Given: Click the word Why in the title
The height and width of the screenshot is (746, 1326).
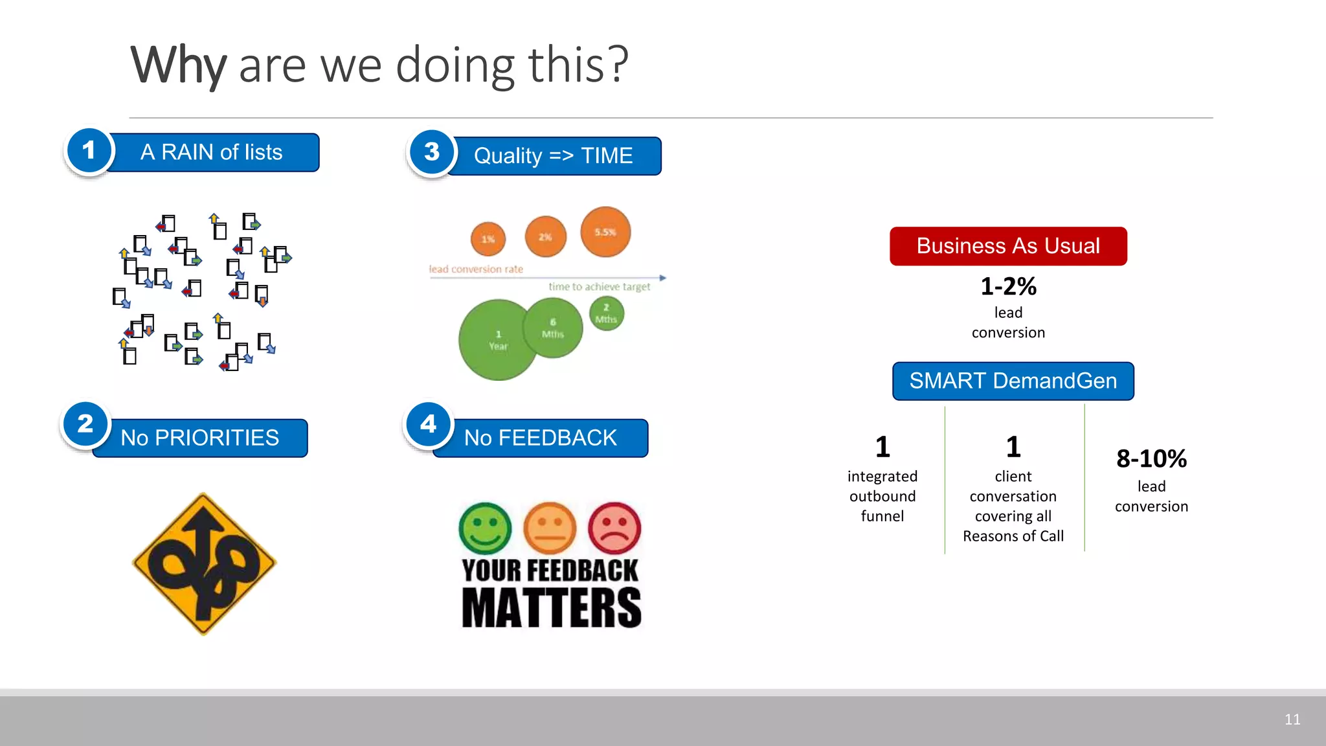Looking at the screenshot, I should [178, 65].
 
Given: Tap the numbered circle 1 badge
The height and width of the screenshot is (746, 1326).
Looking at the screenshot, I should [89, 151].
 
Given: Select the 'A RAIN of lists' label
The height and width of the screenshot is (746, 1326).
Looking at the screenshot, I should [212, 153].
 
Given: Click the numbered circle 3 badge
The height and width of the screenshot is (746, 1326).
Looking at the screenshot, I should [432, 152].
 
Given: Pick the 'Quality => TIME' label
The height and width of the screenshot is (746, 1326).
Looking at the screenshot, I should [553, 156].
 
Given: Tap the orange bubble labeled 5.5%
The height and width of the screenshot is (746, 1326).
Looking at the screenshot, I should [605, 232].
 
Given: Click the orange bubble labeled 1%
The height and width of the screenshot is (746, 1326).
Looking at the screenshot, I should [488, 239].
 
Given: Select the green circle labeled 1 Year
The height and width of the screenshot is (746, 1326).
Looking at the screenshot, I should [497, 340].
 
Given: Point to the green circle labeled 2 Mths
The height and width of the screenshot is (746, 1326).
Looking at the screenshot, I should [607, 313].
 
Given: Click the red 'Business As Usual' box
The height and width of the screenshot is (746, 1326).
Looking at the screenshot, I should [1008, 246].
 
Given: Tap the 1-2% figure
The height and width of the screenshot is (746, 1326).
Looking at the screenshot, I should [1008, 286].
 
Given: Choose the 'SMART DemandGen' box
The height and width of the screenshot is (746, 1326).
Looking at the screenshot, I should [1013, 381].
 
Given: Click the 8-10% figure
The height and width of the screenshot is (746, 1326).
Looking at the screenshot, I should [1151, 458].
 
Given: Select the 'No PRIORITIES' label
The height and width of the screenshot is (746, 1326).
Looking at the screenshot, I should [199, 438].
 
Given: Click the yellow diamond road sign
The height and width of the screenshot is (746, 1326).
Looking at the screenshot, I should [204, 563].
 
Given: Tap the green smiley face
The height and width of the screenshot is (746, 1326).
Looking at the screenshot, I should [485, 528].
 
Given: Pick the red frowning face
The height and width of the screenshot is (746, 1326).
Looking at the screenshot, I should [614, 528].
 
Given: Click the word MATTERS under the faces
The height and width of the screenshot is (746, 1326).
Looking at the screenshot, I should [551, 607].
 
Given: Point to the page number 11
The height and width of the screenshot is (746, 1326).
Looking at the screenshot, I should [1292, 719].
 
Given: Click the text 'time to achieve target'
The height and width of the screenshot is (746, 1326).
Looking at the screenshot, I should [599, 286].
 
